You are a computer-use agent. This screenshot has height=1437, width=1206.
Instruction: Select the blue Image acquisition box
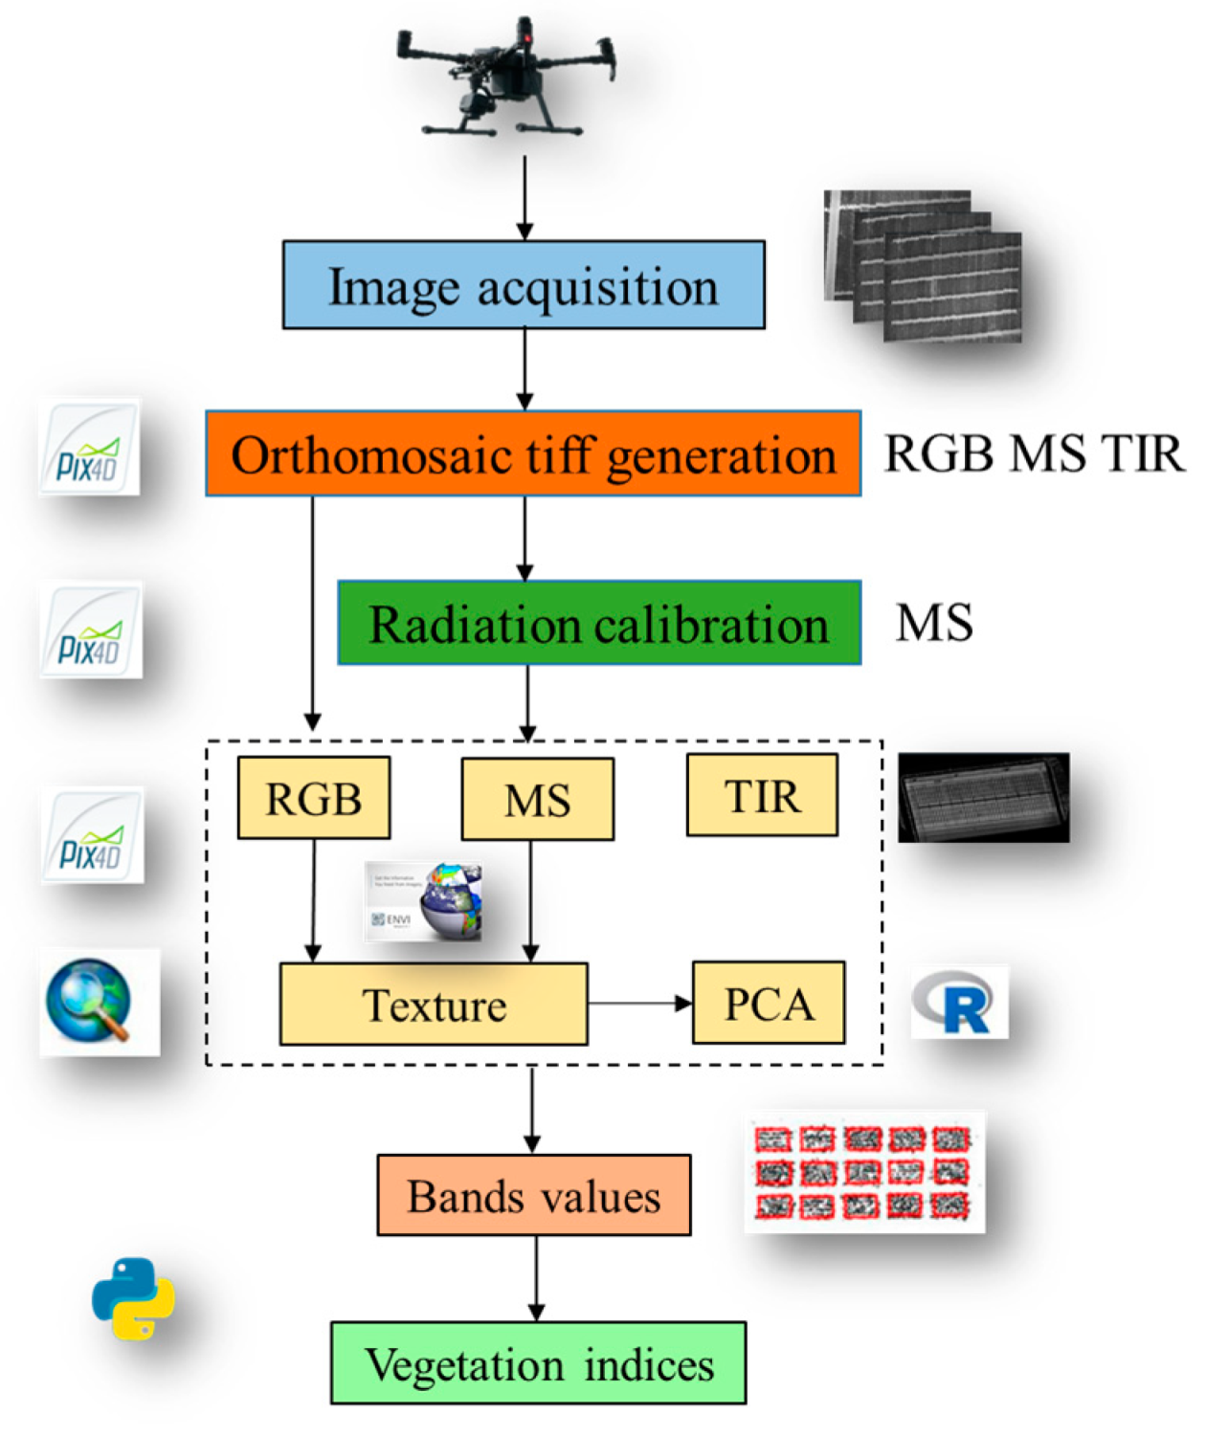524,285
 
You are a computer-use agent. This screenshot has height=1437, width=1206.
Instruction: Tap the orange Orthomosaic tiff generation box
533,453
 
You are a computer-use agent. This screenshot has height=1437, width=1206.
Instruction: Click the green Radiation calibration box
599,623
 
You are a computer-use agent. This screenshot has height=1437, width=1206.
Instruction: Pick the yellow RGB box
314,798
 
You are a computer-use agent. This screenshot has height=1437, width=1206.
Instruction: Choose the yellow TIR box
762,795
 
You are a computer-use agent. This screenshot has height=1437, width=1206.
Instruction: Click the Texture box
434,1004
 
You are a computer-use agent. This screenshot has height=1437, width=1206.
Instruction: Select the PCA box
769,1003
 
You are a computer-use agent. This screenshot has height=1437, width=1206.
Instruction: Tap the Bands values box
534,1195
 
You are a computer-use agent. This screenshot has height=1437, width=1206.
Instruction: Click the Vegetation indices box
538,1363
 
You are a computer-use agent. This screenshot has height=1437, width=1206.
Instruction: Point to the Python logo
133,1297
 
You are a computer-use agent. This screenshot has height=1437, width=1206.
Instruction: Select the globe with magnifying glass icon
91,1001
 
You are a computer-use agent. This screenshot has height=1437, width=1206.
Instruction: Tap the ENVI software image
425,901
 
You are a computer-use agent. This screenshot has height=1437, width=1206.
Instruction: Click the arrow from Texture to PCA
639,1004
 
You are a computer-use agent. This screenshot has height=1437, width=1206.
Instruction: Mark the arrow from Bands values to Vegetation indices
536,1278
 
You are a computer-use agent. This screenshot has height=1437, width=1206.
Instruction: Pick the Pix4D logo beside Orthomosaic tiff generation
89,448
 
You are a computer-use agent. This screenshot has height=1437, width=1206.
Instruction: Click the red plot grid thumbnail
863,1171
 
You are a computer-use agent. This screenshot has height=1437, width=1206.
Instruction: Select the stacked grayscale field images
923,266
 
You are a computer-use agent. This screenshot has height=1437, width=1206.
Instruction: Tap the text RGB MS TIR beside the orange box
1034,453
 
